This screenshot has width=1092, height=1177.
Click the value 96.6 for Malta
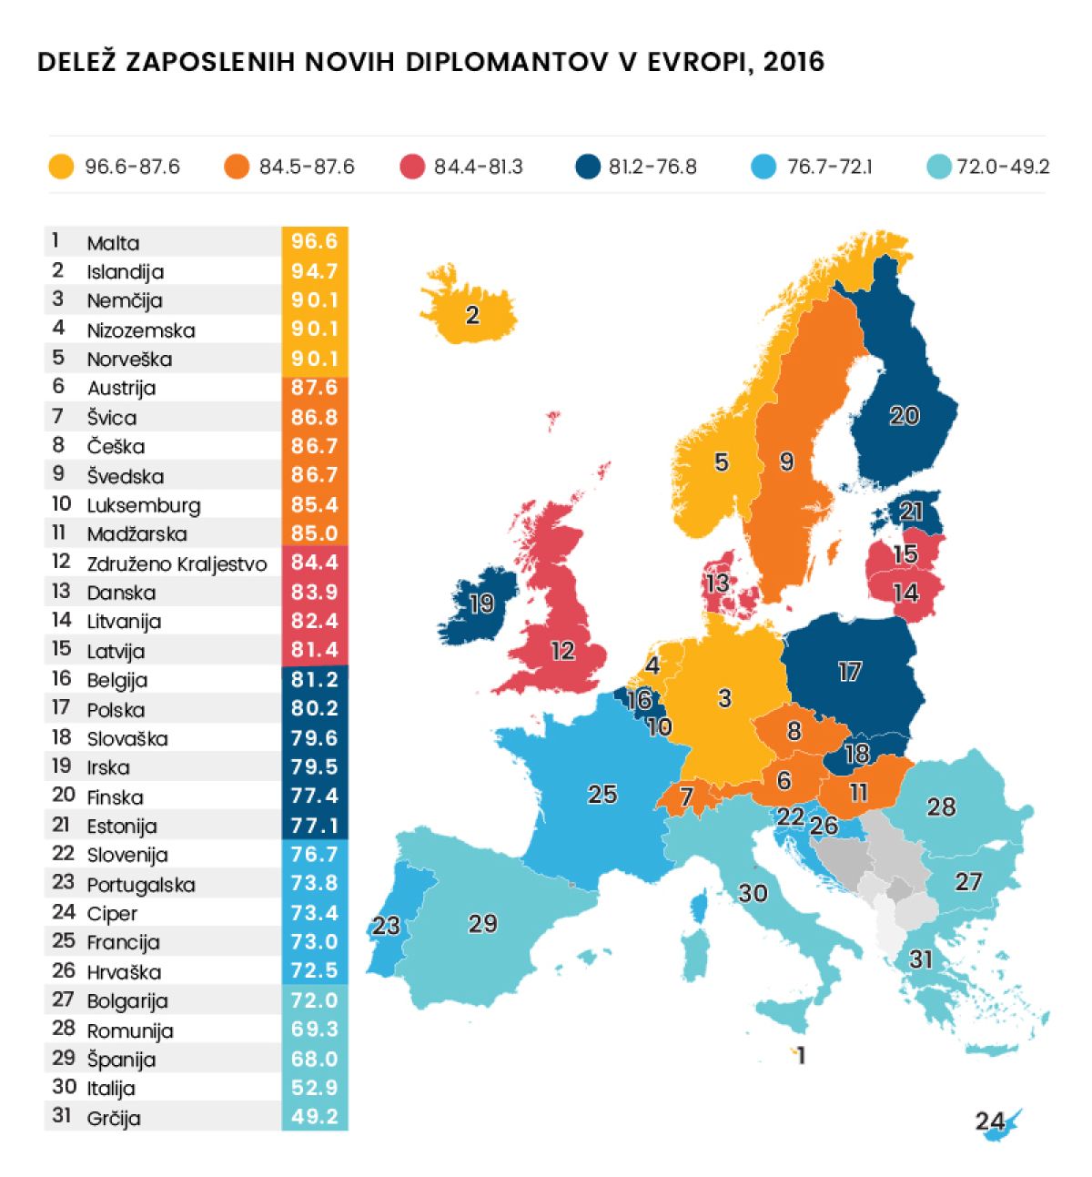pyautogui.click(x=314, y=241)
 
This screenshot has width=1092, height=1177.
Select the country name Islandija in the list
pyautogui.click(x=125, y=271)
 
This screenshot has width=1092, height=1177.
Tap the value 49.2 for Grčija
pyautogui.click(x=314, y=1116)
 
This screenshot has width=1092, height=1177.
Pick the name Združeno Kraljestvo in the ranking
pyautogui.click(x=177, y=563)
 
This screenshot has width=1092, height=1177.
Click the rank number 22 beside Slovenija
pyautogui.click(x=63, y=854)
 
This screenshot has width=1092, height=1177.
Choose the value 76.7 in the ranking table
pyautogui.click(x=314, y=854)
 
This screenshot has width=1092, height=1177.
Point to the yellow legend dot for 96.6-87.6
pyautogui.click(x=61, y=167)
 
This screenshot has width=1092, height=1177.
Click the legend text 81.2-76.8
pyautogui.click(x=652, y=167)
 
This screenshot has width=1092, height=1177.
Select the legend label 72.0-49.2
pyautogui.click(x=1003, y=167)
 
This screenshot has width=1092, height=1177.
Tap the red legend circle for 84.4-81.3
pyautogui.click(x=412, y=167)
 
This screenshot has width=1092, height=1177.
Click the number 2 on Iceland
pyautogui.click(x=471, y=315)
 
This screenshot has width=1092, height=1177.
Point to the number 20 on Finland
pyautogui.click(x=904, y=415)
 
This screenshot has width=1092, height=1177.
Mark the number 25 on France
pyautogui.click(x=602, y=794)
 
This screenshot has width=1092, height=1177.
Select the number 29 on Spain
pyautogui.click(x=482, y=923)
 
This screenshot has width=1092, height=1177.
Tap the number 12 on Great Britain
pyautogui.click(x=562, y=650)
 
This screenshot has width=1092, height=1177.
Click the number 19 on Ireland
pyautogui.click(x=481, y=604)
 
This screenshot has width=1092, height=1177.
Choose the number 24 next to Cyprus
pyautogui.click(x=990, y=1120)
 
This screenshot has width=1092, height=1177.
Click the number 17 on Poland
pyautogui.click(x=849, y=672)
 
